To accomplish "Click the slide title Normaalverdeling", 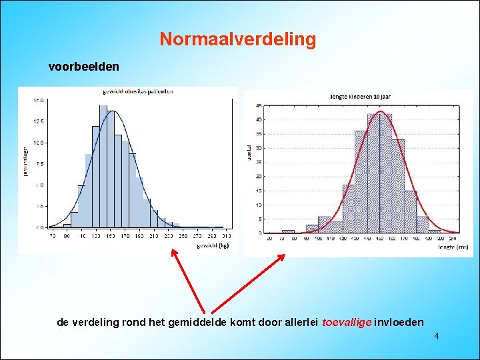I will click(237, 39).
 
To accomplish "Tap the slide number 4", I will click(436, 336).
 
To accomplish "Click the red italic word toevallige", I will click(346, 322).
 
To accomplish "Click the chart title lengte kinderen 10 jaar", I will click(360, 97).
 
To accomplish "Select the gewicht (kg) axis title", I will click(213, 246).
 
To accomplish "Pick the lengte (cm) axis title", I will click(453, 247).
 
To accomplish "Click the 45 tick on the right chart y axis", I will click(258, 106).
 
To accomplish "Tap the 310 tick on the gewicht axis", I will click(227, 236).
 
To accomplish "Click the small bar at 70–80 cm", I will click(287, 231).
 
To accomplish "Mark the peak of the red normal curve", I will click(381, 112).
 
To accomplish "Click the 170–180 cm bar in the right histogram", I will click(410, 213).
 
